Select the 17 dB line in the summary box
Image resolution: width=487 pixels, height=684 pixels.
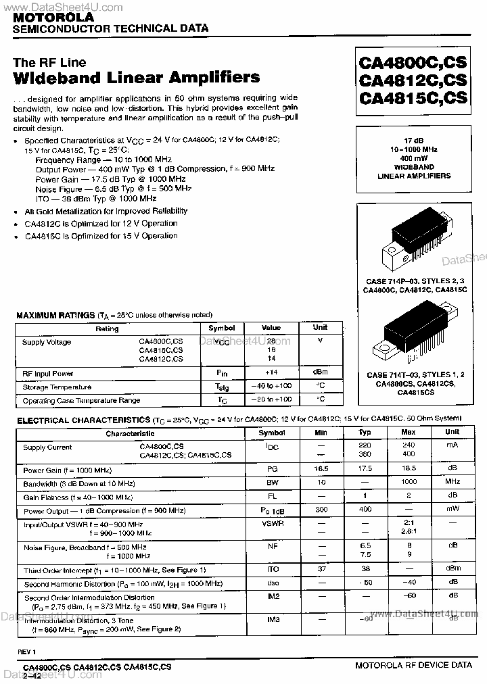click(413, 140)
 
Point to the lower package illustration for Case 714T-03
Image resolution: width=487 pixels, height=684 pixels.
click(413, 335)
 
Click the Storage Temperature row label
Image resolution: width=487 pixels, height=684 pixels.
click(57, 387)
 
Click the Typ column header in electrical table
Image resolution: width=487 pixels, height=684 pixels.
click(365, 433)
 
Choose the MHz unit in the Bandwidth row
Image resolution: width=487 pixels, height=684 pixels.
click(453, 483)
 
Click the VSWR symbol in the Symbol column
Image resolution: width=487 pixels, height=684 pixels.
click(272, 524)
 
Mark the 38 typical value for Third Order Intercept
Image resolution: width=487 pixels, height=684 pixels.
click(365, 569)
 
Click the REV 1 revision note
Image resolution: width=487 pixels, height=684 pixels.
click(26, 651)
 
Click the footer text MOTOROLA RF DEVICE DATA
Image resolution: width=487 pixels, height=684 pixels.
click(413, 665)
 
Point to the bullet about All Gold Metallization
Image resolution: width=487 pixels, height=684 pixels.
click(106, 211)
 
